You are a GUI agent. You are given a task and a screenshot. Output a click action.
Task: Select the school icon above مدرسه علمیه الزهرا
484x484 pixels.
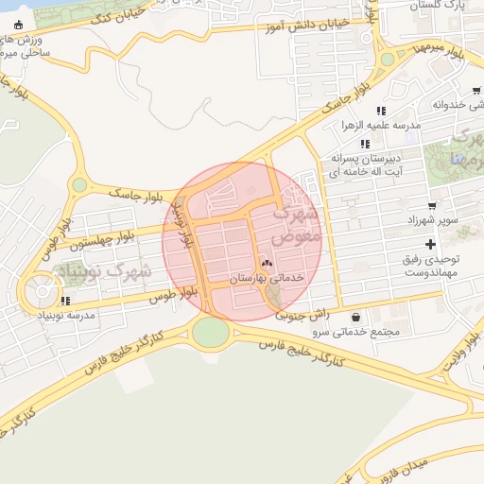[x=381, y=111]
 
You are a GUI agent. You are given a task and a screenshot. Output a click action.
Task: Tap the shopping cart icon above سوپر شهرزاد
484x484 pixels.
[x=432, y=205]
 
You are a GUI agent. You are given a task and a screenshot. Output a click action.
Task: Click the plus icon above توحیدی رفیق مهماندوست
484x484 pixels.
[x=430, y=244]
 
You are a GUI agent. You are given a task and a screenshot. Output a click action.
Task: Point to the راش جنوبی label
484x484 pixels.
[x=302, y=315]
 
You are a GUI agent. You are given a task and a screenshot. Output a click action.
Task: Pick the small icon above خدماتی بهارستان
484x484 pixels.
[x=266, y=263]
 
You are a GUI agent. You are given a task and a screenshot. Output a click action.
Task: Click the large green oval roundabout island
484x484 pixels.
[x=211, y=331]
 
